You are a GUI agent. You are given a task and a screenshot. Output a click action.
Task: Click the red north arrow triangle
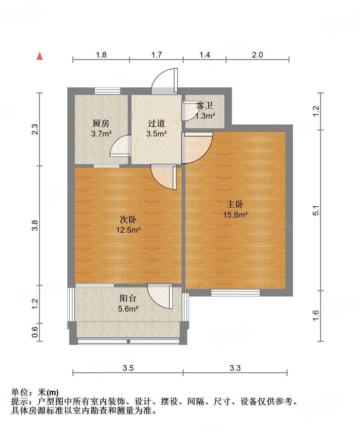[x=40, y=56]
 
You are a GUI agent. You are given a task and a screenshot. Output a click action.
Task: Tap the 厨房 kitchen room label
[x=101, y=123]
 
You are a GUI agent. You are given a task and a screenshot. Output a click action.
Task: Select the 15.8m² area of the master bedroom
[x=235, y=215]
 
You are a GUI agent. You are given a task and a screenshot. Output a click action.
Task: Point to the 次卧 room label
[x=128, y=219]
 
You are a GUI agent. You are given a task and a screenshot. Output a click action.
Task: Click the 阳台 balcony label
[x=128, y=298]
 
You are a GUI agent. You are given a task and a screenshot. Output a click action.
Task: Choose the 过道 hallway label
[x=156, y=123]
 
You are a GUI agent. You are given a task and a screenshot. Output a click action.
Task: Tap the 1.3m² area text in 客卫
[x=205, y=116]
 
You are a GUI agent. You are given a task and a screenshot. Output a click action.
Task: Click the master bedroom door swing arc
[x=198, y=148]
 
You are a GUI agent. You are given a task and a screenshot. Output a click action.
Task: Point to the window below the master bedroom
[x=235, y=293]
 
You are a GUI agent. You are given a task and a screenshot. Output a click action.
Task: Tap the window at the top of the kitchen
[x=107, y=91]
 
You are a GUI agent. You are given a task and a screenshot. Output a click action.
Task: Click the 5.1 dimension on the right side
[x=316, y=210]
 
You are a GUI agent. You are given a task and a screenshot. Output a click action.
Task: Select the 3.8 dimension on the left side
[x=35, y=225]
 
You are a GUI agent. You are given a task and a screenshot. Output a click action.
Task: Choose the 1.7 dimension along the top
[x=156, y=55]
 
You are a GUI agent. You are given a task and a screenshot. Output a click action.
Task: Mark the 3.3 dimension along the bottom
[x=235, y=368]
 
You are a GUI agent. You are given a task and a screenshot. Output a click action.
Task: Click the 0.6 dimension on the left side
[x=35, y=332]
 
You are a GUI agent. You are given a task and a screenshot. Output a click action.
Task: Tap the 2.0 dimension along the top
[x=257, y=55]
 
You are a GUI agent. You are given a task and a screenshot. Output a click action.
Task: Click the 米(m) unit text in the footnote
[x=48, y=392]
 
